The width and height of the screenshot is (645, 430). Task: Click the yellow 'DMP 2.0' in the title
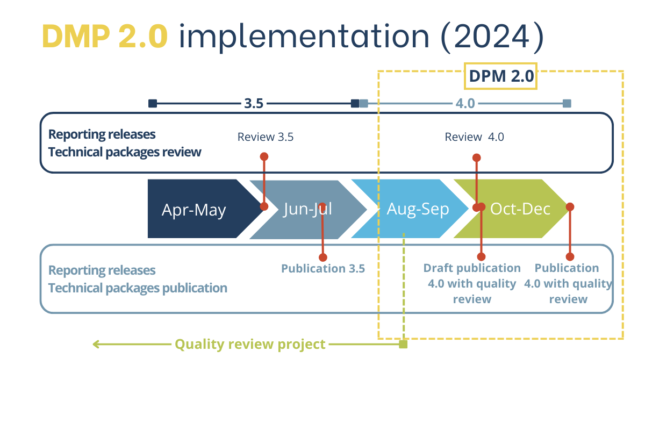105,37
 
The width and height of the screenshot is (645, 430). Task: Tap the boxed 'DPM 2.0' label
501,77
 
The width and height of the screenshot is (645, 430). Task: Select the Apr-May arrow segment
193,209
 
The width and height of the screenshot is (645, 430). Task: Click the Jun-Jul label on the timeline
307,209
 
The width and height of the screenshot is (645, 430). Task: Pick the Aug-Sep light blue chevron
418,209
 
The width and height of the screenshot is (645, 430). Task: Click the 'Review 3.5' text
266,137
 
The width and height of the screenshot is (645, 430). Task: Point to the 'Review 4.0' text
474,137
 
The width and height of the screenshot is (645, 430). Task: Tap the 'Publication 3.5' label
323,268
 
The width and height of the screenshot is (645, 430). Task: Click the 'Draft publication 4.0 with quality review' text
472,283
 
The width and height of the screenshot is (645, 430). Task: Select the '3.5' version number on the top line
254,103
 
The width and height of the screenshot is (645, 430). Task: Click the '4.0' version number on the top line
465,103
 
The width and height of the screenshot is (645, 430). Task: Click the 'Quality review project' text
250,344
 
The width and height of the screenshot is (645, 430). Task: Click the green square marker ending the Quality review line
403,344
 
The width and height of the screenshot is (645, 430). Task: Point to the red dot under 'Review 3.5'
264,156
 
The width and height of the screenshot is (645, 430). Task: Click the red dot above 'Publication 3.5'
322,257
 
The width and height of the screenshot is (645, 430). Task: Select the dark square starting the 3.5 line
153,103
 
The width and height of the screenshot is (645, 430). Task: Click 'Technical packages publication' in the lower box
138,288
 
